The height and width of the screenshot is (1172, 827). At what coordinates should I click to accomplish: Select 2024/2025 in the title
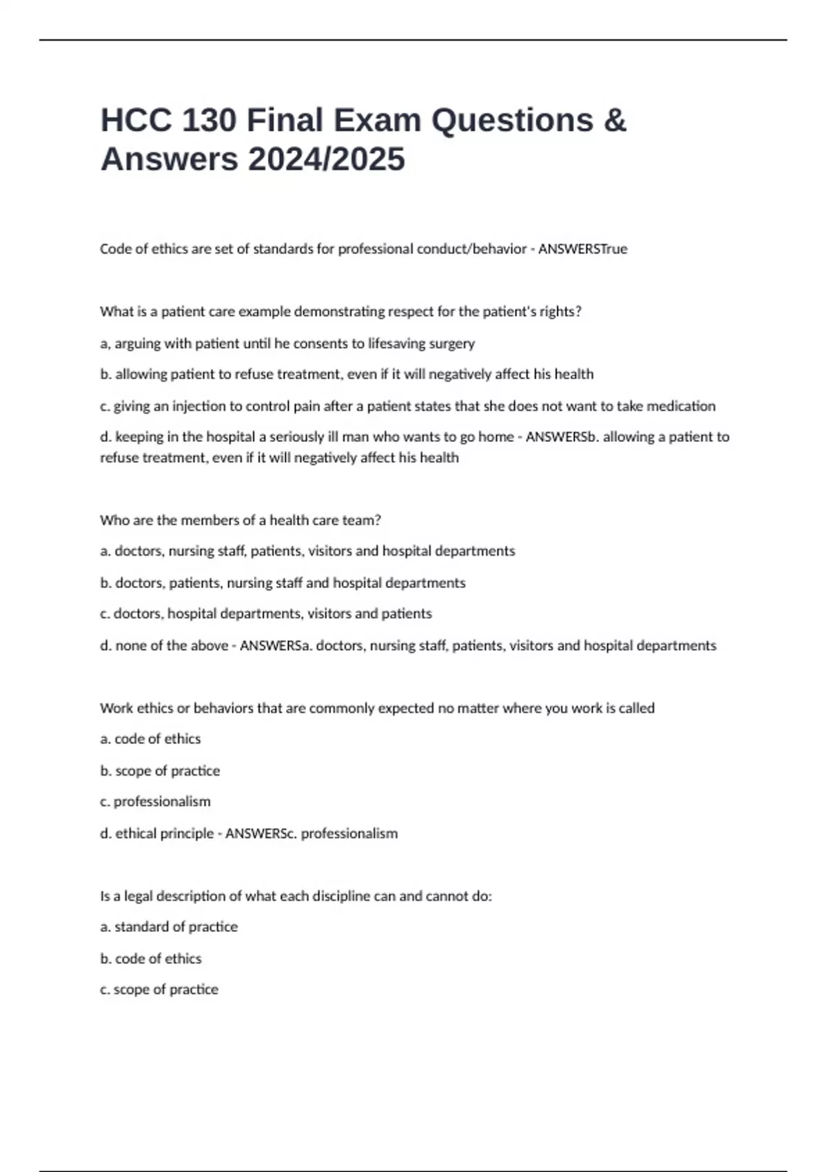[x=327, y=159]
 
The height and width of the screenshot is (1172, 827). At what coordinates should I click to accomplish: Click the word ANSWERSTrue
[x=582, y=249]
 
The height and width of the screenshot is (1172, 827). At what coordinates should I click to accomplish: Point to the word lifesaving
[x=397, y=343]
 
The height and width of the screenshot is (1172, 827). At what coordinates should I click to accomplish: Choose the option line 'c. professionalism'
[x=155, y=802]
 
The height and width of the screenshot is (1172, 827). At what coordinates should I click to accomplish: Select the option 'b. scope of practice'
[x=160, y=771]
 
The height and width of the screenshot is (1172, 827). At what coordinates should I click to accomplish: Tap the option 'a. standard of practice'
[x=169, y=927]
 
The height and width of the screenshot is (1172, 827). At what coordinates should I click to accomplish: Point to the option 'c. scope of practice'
[x=159, y=989]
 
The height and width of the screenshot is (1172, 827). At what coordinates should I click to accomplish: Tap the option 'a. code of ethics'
[x=150, y=739]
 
